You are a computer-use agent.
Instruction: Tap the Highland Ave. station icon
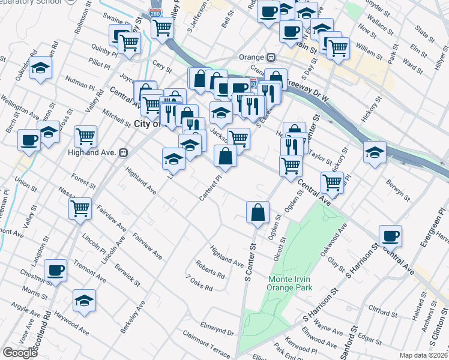(124, 152)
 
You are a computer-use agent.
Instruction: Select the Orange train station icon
(271, 58)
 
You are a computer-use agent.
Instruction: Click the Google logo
(20, 353)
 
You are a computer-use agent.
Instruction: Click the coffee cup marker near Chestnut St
(56, 271)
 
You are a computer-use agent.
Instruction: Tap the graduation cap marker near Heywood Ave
(84, 301)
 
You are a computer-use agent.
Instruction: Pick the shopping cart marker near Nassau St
(80, 209)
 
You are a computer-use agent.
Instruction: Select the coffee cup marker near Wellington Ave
(29, 140)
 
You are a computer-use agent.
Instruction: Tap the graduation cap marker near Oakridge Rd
(41, 68)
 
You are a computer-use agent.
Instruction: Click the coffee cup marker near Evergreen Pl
(390, 236)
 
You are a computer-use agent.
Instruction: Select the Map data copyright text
(423, 355)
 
